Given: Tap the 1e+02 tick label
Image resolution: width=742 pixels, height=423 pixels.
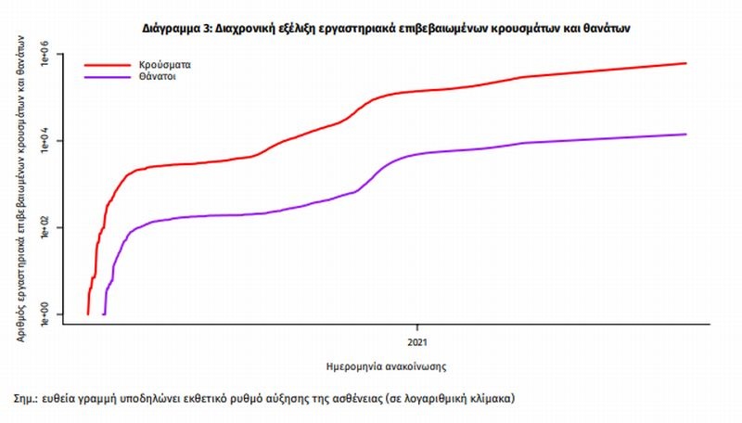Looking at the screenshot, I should (x=45, y=227).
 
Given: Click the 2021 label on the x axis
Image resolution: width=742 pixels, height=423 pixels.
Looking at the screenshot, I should (x=416, y=330).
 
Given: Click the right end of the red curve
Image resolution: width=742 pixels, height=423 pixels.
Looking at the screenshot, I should (x=685, y=63).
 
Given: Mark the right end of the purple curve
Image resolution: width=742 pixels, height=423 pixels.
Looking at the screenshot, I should (x=685, y=135).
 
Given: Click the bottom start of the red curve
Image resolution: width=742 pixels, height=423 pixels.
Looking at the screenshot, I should (x=88, y=314).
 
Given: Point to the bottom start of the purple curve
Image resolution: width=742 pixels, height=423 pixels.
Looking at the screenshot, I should (x=103, y=314).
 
